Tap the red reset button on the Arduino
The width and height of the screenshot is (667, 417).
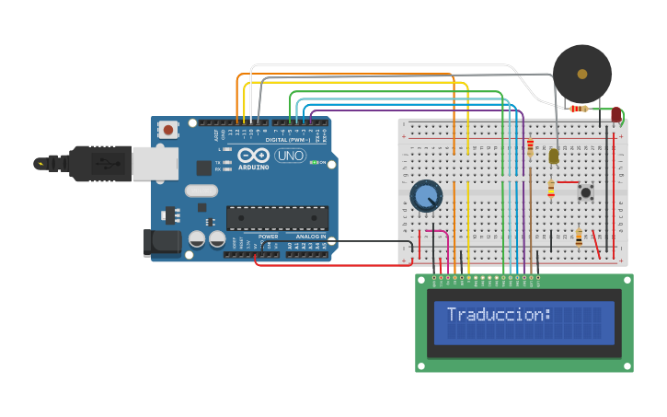tap(167, 130)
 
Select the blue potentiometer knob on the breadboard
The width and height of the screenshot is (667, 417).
tap(426, 196)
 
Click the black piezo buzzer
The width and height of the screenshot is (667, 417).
tap(581, 74)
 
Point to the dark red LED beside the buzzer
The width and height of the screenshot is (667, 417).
tap(615, 114)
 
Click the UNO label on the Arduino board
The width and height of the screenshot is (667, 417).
tap(290, 156)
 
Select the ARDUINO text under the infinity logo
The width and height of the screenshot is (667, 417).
tap(254, 167)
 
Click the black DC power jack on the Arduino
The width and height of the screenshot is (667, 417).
tap(160, 242)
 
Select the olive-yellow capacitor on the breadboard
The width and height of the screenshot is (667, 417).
tap(554, 156)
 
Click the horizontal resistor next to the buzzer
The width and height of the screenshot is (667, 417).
tap(579, 109)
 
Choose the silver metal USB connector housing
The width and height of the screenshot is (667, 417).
tap(154, 164)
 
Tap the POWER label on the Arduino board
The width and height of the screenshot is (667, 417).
tap(269, 237)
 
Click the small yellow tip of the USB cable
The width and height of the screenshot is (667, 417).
tap(40, 164)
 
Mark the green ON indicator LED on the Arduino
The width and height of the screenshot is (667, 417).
tap(314, 162)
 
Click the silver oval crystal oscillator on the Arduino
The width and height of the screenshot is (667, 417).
tap(201, 191)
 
